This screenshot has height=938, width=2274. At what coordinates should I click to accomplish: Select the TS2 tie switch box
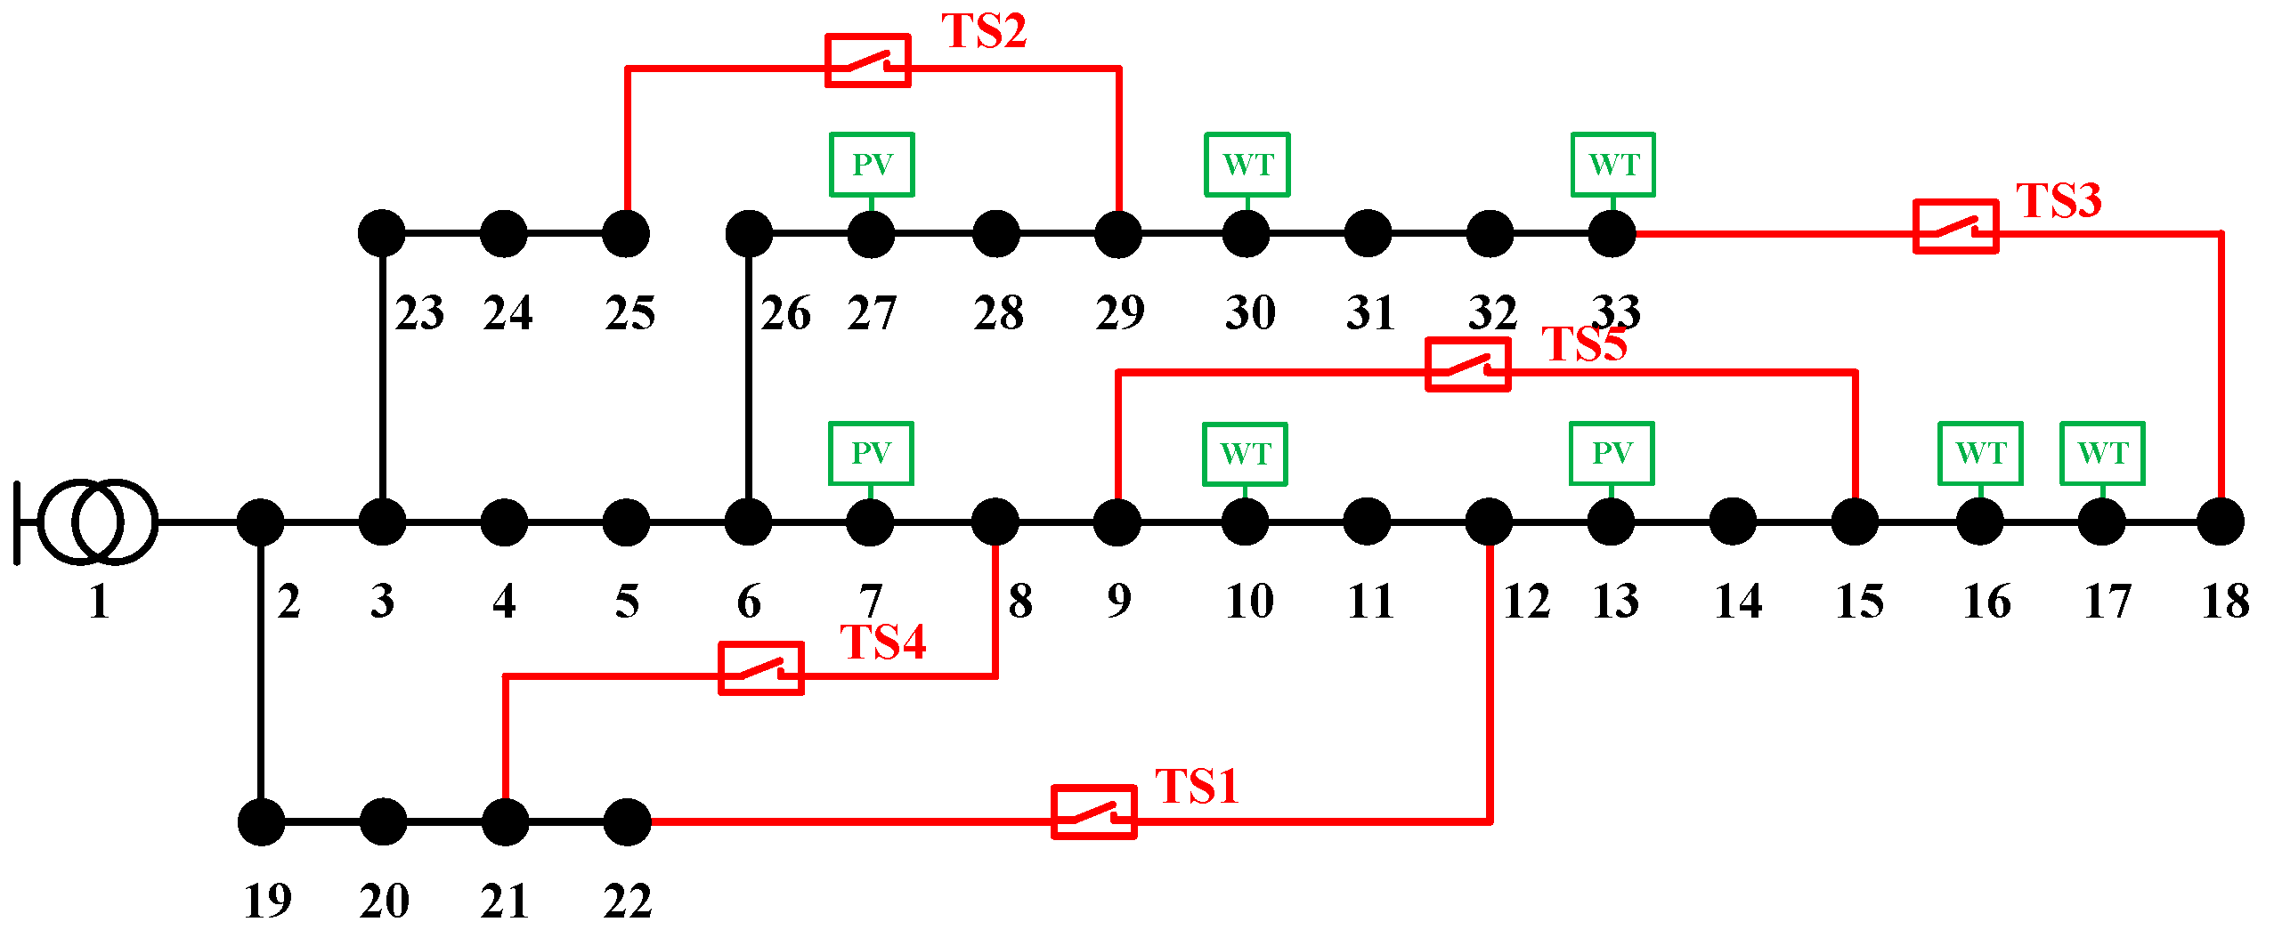tap(867, 61)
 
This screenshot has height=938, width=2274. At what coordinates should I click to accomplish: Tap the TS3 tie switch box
tap(1955, 226)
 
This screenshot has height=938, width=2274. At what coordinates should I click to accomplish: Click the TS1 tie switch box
tap(1093, 812)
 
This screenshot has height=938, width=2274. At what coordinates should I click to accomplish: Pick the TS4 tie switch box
tap(761, 668)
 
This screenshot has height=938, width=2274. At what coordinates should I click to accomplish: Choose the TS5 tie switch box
tap(1468, 364)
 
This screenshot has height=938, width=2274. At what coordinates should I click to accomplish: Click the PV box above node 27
tap(872, 165)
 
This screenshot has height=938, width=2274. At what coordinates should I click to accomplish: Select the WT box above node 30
tap(1247, 165)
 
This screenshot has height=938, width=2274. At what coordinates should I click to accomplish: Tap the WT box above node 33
tap(1613, 165)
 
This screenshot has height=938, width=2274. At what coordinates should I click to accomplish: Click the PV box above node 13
tap(1612, 454)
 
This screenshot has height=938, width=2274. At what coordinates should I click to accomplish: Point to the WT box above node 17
tap(2102, 454)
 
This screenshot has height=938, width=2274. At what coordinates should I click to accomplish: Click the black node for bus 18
tap(2221, 522)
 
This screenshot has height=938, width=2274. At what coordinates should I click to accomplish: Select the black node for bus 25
tap(626, 234)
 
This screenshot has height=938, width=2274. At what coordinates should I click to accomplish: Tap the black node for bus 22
tap(627, 821)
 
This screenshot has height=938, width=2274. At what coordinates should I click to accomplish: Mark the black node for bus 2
tap(260, 522)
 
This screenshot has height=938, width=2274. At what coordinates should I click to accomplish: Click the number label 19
tap(267, 901)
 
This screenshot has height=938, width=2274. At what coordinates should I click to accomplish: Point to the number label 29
tap(1120, 313)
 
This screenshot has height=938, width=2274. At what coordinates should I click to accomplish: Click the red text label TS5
tap(1584, 344)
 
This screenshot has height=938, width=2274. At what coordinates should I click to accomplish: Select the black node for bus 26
tap(749, 234)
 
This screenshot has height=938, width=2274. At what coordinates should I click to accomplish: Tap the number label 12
tap(1527, 602)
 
